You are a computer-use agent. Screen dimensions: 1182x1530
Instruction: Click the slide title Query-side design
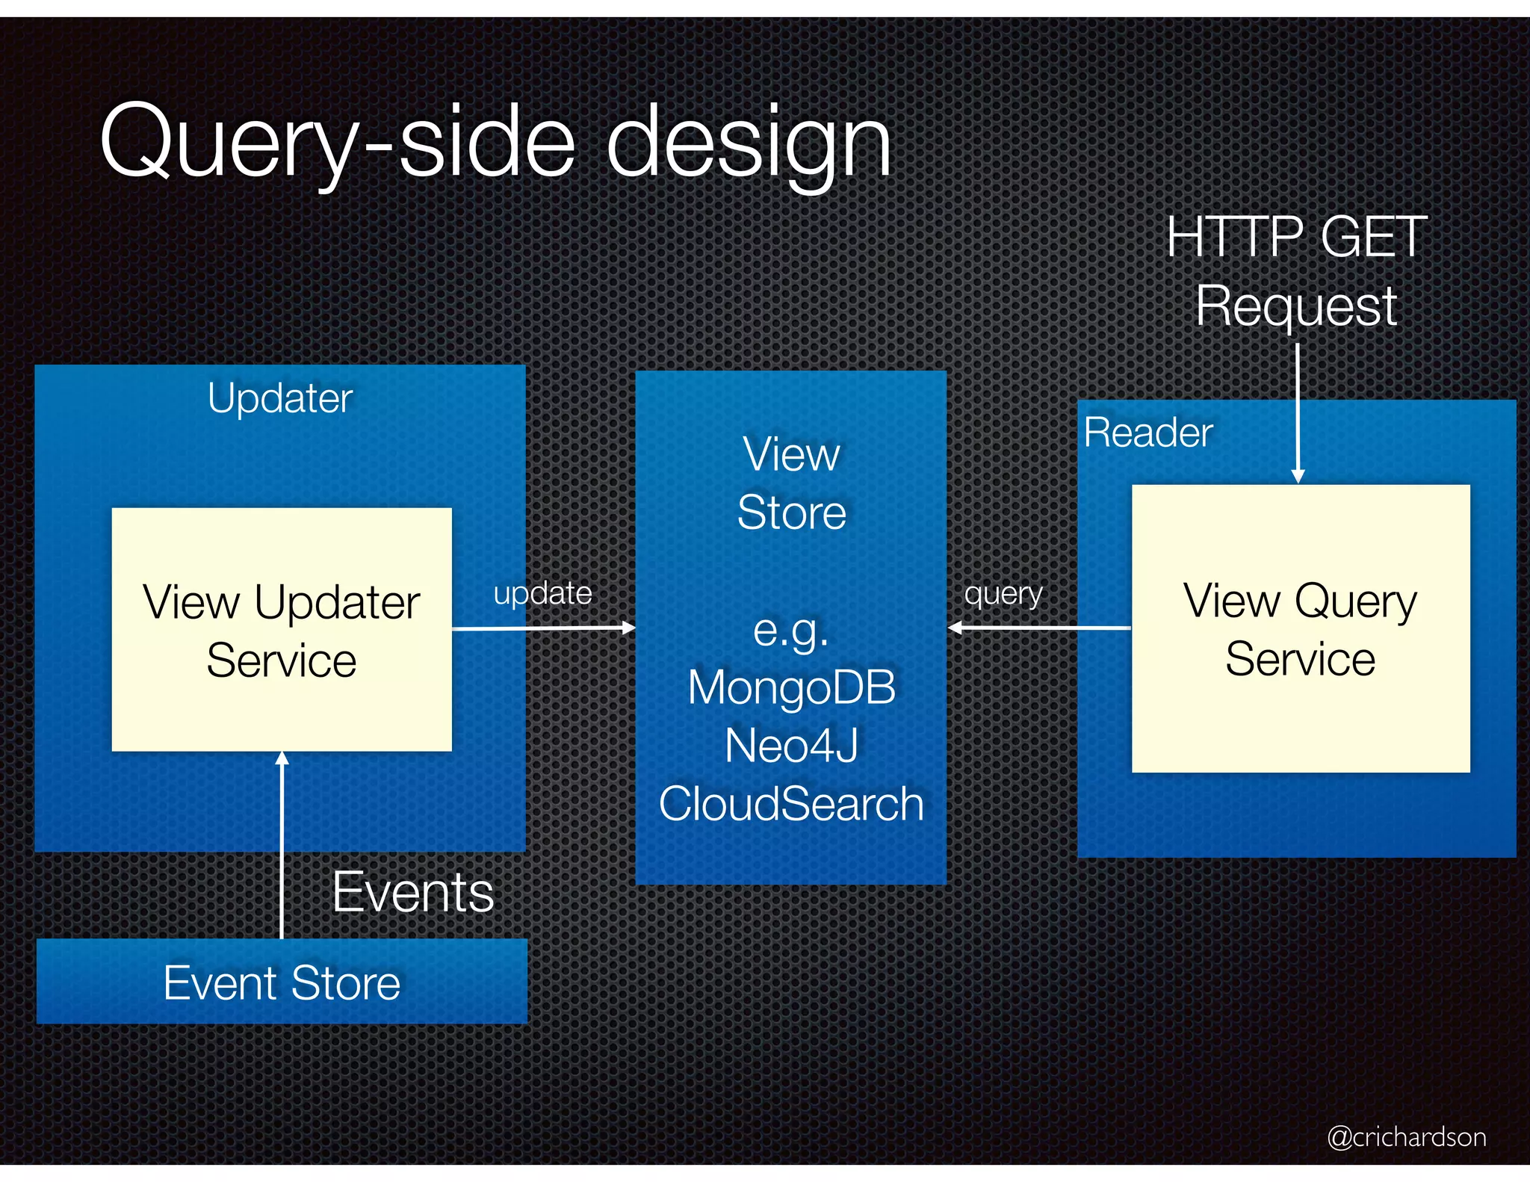pyautogui.click(x=495, y=142)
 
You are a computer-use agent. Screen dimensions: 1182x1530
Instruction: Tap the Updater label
pyautogui.click(x=280, y=398)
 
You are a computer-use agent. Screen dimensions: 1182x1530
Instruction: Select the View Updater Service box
pyautogui.click(x=282, y=630)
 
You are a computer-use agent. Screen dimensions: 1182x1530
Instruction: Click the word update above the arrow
pyautogui.click(x=542, y=593)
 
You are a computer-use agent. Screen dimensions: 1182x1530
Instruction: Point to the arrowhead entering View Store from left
pyautogui.click(x=629, y=628)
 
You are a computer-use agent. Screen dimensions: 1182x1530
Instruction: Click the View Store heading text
pyautogui.click(x=791, y=483)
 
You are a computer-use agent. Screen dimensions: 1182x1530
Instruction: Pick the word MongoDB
pyautogui.click(x=791, y=687)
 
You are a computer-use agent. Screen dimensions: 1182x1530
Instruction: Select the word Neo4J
pyautogui.click(x=791, y=746)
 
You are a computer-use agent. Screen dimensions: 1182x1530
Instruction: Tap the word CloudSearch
pyautogui.click(x=791, y=804)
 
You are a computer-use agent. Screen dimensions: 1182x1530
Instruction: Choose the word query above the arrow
pyautogui.click(x=1003, y=594)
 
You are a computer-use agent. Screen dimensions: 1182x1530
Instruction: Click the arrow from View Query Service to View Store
pyautogui.click(x=1038, y=628)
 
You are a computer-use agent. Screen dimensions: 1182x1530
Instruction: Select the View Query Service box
pyautogui.click(x=1301, y=628)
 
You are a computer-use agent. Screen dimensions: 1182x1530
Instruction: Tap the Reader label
pyautogui.click(x=1148, y=433)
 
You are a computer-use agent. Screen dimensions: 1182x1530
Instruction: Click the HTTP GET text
pyautogui.click(x=1297, y=237)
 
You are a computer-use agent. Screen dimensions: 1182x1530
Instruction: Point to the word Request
pyautogui.click(x=1296, y=306)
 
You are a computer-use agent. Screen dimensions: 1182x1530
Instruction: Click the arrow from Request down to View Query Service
pyautogui.click(x=1298, y=411)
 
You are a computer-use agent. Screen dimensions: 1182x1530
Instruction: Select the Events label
pyautogui.click(x=412, y=892)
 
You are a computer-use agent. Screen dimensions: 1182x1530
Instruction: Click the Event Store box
pyautogui.click(x=282, y=982)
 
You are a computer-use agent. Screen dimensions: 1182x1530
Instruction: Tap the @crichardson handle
pyautogui.click(x=1406, y=1136)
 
